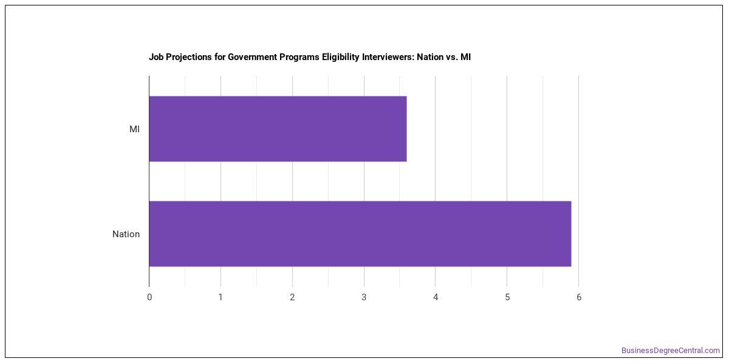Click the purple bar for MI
click(278, 129)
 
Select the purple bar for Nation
click(360, 234)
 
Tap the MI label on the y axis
click(134, 129)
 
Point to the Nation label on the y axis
click(126, 234)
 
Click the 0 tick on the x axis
click(149, 297)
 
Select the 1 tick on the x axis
click(221, 297)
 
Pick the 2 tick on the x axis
click(292, 297)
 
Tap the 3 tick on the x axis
click(364, 297)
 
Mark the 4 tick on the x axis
click(436, 297)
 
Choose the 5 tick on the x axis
click(507, 297)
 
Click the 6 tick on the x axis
click(578, 297)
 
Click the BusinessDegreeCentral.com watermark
click(671, 351)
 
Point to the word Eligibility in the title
click(341, 57)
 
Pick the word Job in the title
click(156, 57)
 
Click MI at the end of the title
click(465, 57)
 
